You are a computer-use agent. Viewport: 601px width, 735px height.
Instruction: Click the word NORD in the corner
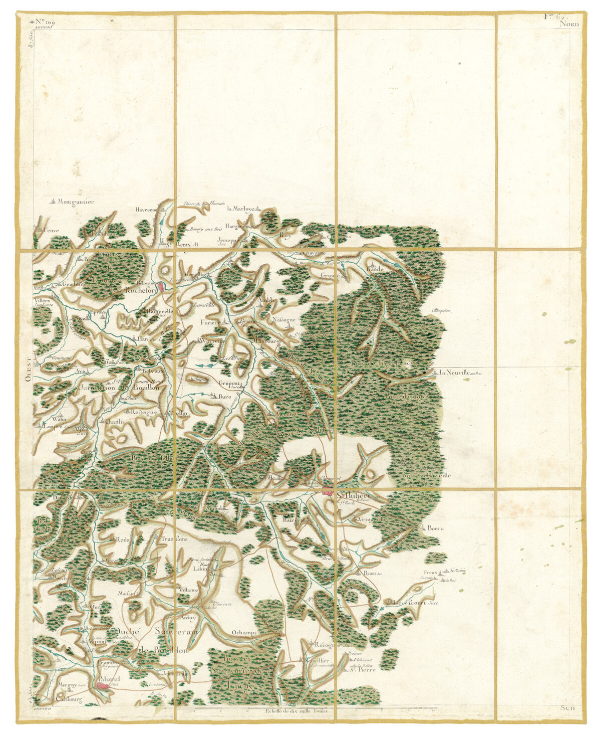569,24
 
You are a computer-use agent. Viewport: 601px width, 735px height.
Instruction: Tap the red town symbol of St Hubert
328,493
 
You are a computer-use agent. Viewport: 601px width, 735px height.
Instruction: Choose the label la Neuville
454,373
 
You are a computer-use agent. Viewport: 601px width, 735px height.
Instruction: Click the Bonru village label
436,528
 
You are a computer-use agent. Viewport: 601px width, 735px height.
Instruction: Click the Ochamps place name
245,633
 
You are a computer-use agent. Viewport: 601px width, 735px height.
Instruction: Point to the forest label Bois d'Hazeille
426,475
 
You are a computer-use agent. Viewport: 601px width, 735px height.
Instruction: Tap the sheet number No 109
45,23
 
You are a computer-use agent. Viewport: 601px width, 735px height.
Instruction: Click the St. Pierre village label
362,669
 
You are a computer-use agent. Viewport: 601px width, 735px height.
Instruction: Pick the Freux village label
430,572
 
